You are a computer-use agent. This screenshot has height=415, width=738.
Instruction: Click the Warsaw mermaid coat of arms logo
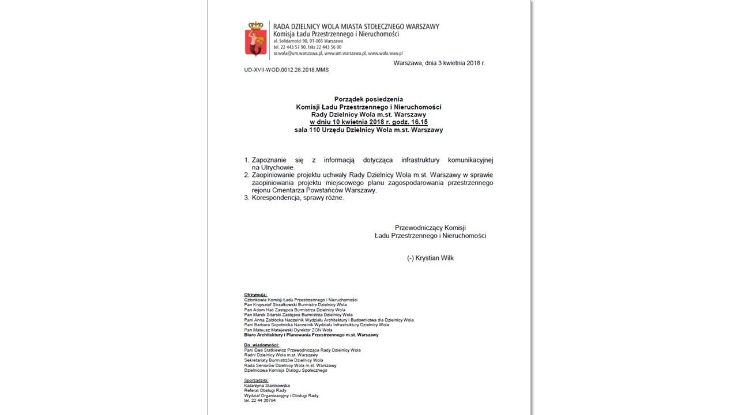[255, 39]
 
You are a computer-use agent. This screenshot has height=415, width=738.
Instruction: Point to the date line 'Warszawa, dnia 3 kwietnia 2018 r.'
[439, 63]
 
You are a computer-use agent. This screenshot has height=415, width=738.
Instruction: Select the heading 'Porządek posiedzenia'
[368, 99]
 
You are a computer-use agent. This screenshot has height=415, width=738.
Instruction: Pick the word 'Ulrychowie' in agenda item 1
[278, 167]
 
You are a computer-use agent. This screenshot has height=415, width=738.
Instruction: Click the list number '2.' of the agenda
[247, 175]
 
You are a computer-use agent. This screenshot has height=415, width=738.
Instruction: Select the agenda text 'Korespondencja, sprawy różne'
[298, 198]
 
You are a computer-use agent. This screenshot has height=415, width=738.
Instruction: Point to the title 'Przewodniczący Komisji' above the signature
[430, 228]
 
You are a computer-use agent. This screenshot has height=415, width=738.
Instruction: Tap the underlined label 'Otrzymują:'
[256, 295]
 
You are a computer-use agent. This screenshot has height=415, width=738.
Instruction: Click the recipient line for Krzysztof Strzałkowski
[295, 305]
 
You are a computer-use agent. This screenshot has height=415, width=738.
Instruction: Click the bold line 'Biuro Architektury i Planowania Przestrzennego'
[311, 335]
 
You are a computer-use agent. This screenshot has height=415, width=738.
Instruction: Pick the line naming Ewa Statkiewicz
[303, 350]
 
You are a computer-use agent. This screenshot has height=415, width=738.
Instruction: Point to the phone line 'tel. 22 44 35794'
[260, 401]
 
